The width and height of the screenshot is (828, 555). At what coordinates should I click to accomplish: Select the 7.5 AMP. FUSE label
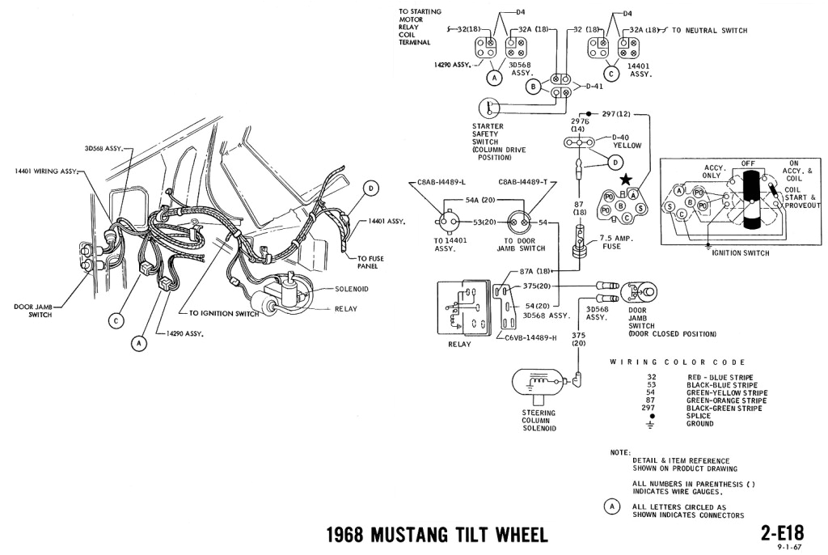617,242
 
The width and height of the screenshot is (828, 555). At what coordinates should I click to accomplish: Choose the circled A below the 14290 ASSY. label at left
139,343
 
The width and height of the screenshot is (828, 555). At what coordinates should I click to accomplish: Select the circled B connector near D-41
532,87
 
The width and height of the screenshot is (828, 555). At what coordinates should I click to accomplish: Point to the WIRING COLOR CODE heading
677,362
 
